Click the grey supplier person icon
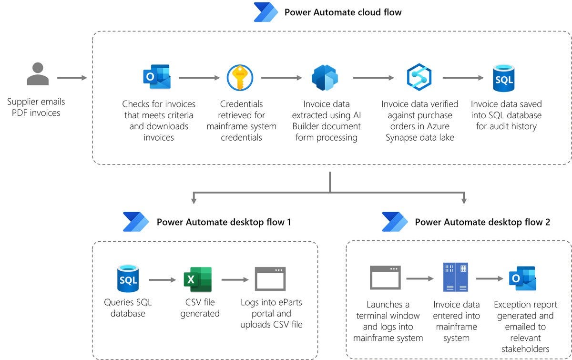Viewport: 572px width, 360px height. point(38,74)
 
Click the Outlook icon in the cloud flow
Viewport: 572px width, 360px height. point(157,77)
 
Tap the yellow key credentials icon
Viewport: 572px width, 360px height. point(240,77)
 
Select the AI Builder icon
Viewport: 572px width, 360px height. point(325,77)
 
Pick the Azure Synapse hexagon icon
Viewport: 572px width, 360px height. point(419,77)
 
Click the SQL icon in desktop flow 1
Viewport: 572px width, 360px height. point(128,278)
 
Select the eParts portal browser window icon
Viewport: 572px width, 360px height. point(270,279)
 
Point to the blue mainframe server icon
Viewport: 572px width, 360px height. point(455,277)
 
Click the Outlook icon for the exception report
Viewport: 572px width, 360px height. point(522,278)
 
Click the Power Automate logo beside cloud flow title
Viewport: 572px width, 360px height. point(266,12)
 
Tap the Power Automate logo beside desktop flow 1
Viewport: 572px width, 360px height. point(136,222)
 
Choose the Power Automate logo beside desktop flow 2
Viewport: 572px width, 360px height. point(395,222)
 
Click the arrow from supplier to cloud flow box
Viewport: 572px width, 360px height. point(71,77)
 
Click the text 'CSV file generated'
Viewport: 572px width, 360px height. point(200,308)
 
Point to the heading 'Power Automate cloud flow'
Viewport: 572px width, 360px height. point(343,12)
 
